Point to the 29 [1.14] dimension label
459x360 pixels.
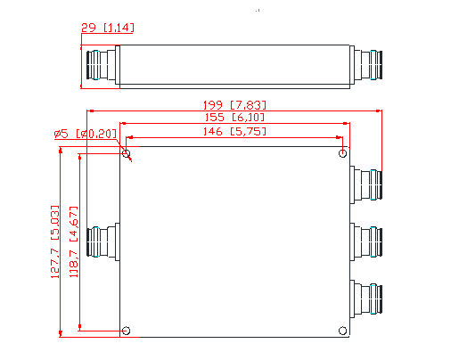[107, 29]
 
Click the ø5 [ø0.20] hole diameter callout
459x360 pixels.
[85, 134]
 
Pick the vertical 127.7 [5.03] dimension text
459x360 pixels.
[56, 242]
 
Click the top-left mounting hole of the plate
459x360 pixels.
[127, 154]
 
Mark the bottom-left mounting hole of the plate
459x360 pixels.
[127, 331]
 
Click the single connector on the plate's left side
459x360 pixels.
[103, 242]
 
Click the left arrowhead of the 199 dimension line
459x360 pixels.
[90, 110]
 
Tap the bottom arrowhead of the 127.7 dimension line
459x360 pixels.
[60, 335]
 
